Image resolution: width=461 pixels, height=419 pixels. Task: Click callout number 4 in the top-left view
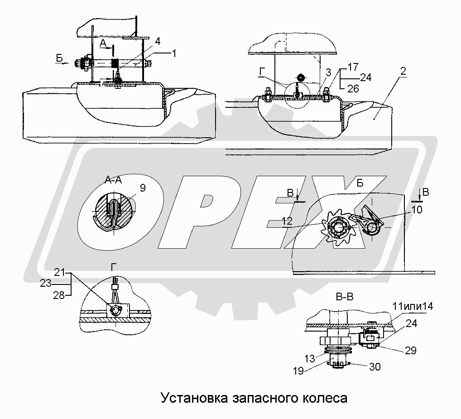click(158, 42)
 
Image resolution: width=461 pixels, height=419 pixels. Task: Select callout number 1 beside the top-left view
click(174, 53)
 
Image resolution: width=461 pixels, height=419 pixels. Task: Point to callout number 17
click(353, 67)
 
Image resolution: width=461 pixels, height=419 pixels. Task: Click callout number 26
click(353, 88)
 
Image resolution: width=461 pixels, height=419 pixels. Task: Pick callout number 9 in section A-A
click(143, 188)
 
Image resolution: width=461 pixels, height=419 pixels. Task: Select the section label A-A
click(113, 180)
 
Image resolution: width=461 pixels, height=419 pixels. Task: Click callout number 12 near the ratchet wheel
click(287, 221)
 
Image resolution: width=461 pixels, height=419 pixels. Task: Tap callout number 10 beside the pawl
click(417, 210)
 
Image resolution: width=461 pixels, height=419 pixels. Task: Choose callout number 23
click(46, 284)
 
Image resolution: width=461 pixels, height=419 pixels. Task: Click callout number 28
click(59, 295)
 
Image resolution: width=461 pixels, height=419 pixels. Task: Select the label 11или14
click(413, 306)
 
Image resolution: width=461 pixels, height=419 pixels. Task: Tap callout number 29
click(410, 350)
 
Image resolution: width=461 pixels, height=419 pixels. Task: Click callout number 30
click(375, 366)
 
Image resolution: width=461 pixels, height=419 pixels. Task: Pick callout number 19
click(298, 371)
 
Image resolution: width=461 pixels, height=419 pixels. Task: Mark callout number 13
click(310, 358)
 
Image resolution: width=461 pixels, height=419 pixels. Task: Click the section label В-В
click(344, 297)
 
